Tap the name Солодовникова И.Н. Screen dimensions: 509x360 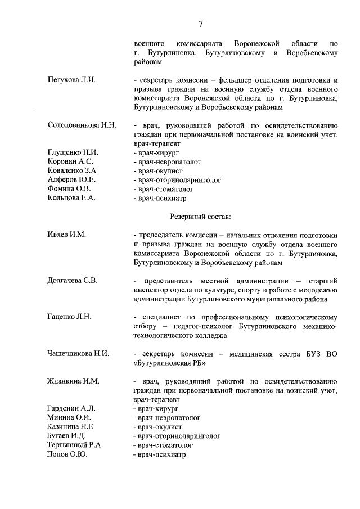tap(82, 125)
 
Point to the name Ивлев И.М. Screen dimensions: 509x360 tap(66, 235)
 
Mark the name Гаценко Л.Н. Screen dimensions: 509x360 tap(69, 317)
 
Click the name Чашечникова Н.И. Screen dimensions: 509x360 tap(78, 353)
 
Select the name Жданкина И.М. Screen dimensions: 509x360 tap(73, 381)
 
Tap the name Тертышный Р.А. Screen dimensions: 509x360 tap(75, 445)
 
